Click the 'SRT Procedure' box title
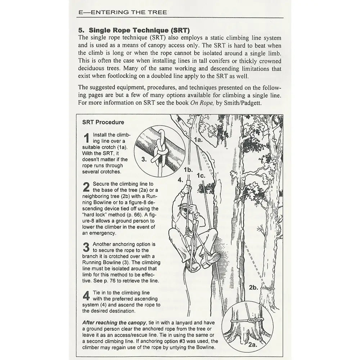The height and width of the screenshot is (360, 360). (x=103, y=122)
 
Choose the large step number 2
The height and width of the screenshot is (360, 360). (x=86, y=187)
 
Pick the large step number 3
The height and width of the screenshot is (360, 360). (x=86, y=247)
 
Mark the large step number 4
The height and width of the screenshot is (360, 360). (x=86, y=296)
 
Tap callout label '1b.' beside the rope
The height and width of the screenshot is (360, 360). (x=188, y=169)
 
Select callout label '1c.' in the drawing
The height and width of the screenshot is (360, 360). (x=201, y=176)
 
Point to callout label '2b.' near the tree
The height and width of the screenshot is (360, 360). (x=253, y=287)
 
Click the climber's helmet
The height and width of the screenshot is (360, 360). (x=183, y=206)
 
